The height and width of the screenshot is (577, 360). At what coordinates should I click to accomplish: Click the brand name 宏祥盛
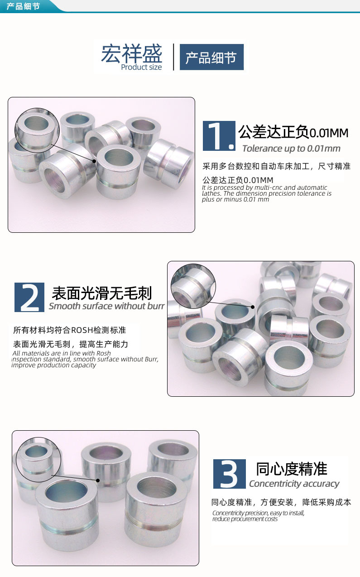coord(131,53)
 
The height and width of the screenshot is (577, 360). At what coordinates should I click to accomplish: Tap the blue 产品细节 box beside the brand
coord(211,57)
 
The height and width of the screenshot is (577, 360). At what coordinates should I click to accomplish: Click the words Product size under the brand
coord(141,67)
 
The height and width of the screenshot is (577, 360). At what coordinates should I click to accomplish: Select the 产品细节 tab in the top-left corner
coord(24,6)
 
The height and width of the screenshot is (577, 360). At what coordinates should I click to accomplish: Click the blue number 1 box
coord(219,136)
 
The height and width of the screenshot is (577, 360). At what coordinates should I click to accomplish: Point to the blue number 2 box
coord(29,297)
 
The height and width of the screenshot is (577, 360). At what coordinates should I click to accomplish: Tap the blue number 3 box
coord(229,474)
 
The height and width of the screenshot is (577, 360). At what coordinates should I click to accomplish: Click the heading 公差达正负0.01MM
coord(293,133)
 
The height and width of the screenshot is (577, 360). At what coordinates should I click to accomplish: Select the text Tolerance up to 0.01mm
coord(291,149)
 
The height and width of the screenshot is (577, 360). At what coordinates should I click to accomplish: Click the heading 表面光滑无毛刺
coord(102,293)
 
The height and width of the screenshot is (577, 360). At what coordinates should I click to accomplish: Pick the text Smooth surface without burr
coord(106,306)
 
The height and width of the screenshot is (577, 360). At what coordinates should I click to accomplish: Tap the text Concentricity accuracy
coord(294,484)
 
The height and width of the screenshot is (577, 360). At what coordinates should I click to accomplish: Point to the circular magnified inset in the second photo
coord(193,286)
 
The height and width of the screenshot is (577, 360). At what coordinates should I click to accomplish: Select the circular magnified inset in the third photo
coord(38,458)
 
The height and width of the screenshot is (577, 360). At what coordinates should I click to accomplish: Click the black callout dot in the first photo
coord(94,161)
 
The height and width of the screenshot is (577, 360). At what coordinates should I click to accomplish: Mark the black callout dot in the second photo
coord(253,307)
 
